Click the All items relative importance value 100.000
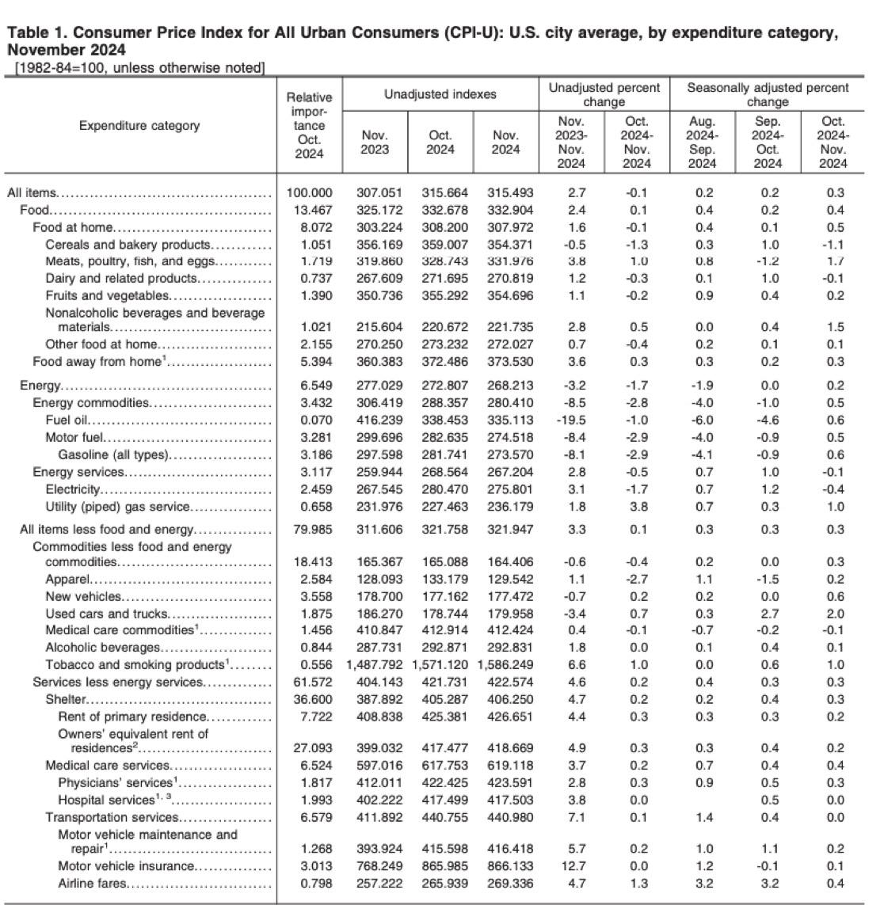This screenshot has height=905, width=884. (x=309, y=192)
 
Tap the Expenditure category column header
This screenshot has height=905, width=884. (x=139, y=125)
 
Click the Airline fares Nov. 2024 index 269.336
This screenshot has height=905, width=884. (x=505, y=884)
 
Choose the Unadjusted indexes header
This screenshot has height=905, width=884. (x=440, y=94)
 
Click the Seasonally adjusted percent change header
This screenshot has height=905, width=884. (x=767, y=94)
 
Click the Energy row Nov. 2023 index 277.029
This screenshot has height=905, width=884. (x=375, y=386)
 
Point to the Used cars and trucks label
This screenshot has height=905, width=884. (x=106, y=614)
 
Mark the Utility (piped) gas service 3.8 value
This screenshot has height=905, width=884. (x=636, y=507)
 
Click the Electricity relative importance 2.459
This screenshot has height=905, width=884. (x=309, y=489)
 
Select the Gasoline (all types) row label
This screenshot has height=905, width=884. (x=113, y=454)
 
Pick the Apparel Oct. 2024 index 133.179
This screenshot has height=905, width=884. (x=440, y=579)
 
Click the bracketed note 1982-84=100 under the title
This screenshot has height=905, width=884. (x=139, y=68)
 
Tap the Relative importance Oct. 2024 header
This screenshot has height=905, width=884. (x=309, y=125)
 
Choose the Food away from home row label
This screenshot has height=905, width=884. (x=97, y=362)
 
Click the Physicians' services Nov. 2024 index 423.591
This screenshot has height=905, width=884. (x=505, y=782)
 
